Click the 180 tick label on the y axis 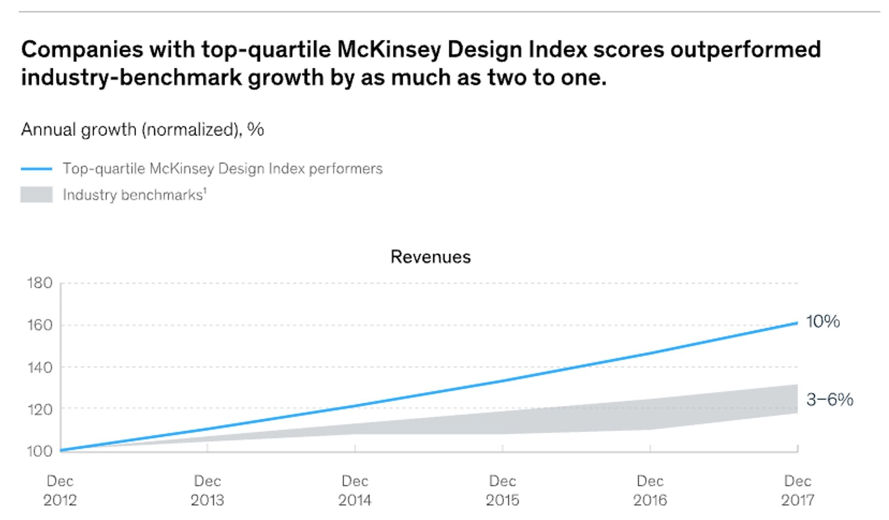pyautogui.click(x=40, y=283)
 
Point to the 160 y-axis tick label pyautogui.click(x=40, y=325)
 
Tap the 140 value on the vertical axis pyautogui.click(x=40, y=368)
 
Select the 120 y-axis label pyautogui.click(x=40, y=409)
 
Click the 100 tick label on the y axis pyautogui.click(x=40, y=451)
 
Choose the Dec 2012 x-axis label pyautogui.click(x=60, y=491)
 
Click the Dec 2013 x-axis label pyautogui.click(x=207, y=491)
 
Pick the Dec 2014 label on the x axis pyautogui.click(x=355, y=491)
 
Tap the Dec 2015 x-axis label pyautogui.click(x=502, y=491)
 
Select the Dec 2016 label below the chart pyautogui.click(x=650, y=491)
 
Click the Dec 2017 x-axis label pyautogui.click(x=797, y=491)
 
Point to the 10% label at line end pyautogui.click(x=823, y=321)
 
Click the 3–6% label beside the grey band pyautogui.click(x=829, y=399)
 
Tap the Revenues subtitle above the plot pyautogui.click(x=430, y=257)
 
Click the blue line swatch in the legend pyautogui.click(x=36, y=169)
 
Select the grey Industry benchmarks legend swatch pyautogui.click(x=36, y=195)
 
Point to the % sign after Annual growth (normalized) pyautogui.click(x=256, y=130)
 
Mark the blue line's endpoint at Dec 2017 pyautogui.click(x=797, y=323)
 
